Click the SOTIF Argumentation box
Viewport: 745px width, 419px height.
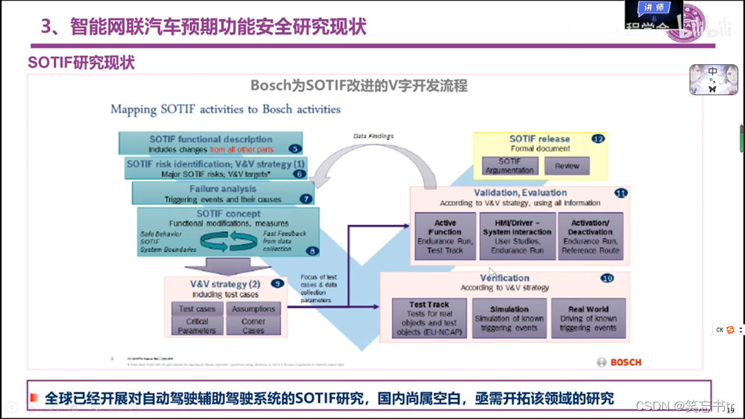pyautogui.click(x=510, y=165)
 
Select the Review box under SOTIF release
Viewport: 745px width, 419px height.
pyautogui.click(x=567, y=165)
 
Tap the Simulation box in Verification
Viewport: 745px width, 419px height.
pyautogui.click(x=509, y=318)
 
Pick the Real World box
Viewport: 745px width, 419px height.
pyautogui.click(x=588, y=318)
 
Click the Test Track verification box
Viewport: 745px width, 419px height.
pyautogui.click(x=429, y=318)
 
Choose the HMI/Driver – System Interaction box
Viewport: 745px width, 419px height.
pyautogui.click(x=517, y=236)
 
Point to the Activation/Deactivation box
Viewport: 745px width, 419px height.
pyautogui.click(x=590, y=236)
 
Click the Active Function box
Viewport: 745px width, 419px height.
pyautogui.click(x=445, y=236)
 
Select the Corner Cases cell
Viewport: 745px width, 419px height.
pyautogui.click(x=253, y=326)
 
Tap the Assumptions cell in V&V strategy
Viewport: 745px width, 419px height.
pyautogui.click(x=253, y=309)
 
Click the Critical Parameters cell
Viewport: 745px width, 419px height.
pyautogui.click(x=197, y=326)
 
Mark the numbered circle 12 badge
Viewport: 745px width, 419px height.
pyautogui.click(x=598, y=139)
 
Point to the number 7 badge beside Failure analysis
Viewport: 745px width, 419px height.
pyautogui.click(x=306, y=199)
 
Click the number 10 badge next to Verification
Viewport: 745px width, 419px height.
pyautogui.click(x=607, y=278)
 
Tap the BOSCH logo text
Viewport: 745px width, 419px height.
pyautogui.click(x=625, y=362)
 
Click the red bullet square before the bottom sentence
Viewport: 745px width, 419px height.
pyautogui.click(x=34, y=398)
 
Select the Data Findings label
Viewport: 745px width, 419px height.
pyautogui.click(x=373, y=136)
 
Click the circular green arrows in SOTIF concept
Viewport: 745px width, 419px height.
pyautogui.click(x=228, y=241)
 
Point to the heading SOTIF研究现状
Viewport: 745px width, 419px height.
pyautogui.click(x=81, y=63)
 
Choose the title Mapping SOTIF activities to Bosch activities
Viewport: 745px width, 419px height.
pyautogui.click(x=226, y=109)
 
